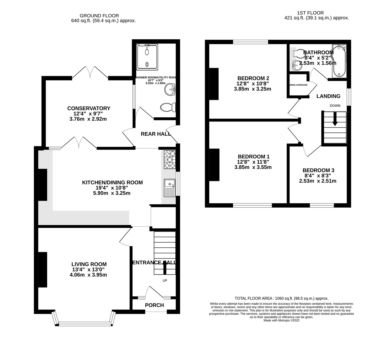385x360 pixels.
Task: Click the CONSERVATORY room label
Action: pos(89,108)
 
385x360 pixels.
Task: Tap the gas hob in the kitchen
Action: pos(169,159)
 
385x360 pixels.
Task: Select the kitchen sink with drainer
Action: pos(169,188)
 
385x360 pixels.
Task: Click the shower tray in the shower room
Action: pos(147,57)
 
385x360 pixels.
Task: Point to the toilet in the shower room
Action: pos(168,108)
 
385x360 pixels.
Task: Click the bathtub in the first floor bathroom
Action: pos(339,61)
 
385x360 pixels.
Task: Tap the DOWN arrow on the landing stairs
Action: pos(335,119)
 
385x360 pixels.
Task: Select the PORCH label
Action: pos(154,305)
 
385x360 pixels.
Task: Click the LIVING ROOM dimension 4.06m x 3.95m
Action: pos(88,275)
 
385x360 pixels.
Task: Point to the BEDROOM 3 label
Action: pos(318,170)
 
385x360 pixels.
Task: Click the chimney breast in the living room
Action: pos(43,270)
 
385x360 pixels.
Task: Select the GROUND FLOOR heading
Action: pos(99,16)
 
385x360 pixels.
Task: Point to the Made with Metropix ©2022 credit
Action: pos(281,320)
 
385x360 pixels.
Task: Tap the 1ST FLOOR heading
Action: pos(310,13)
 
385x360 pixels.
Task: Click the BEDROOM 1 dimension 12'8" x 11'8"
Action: pos(253,162)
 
